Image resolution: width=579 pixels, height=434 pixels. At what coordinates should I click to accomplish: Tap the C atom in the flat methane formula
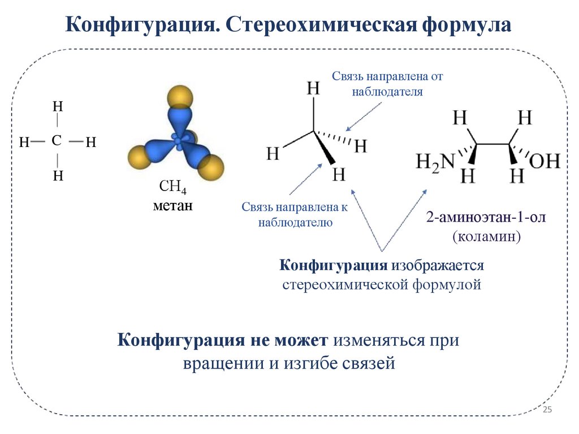pos(57,141)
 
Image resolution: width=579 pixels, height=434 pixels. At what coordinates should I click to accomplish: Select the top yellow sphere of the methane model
pos(181,96)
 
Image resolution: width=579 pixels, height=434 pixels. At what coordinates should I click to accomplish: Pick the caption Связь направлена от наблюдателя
pos(387,84)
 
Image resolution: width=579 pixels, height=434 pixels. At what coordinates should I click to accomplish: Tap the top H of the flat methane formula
pos(58,106)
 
